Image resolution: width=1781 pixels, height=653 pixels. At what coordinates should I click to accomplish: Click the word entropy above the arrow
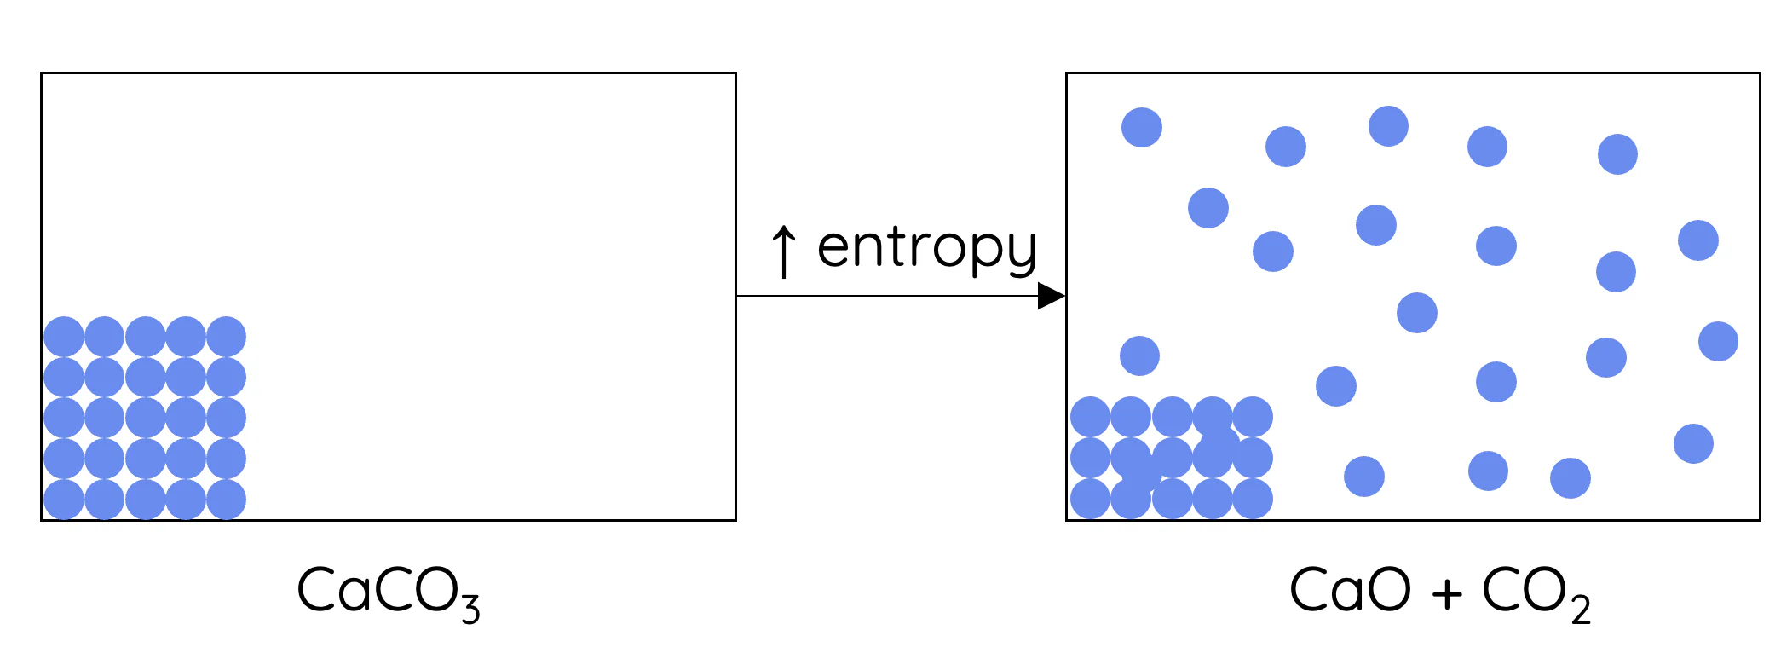point(927,249)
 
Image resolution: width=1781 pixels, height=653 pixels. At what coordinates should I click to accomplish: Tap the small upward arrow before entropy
point(783,251)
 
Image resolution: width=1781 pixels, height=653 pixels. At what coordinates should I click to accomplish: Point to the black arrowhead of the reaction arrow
point(1052,297)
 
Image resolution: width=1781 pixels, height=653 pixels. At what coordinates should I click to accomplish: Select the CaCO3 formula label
point(388,592)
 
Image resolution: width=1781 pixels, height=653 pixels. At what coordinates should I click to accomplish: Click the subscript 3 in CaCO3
point(470,609)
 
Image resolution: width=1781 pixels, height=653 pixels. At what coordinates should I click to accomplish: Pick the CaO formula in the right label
point(1350,590)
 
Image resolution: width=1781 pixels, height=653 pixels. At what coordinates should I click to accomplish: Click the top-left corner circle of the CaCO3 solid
point(64,337)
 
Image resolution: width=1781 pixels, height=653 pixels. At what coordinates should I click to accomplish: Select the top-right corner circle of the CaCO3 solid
point(226,337)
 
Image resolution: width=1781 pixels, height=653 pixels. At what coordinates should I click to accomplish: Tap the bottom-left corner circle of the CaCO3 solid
point(64,500)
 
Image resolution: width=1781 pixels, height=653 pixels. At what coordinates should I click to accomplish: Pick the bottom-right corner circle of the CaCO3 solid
point(226,500)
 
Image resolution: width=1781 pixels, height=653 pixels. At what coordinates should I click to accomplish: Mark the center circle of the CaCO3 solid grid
point(145,418)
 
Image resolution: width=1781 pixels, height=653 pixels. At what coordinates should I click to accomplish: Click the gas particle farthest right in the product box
point(1718,342)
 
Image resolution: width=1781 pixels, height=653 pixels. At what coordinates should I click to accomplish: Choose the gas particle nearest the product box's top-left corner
point(1142,128)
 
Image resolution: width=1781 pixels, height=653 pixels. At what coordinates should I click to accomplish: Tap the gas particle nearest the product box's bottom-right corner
point(1693,444)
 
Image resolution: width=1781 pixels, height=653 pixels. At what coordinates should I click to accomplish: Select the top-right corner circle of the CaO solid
point(1253,418)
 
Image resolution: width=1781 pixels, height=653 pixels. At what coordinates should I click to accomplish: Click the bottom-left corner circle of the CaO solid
point(1090,499)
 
